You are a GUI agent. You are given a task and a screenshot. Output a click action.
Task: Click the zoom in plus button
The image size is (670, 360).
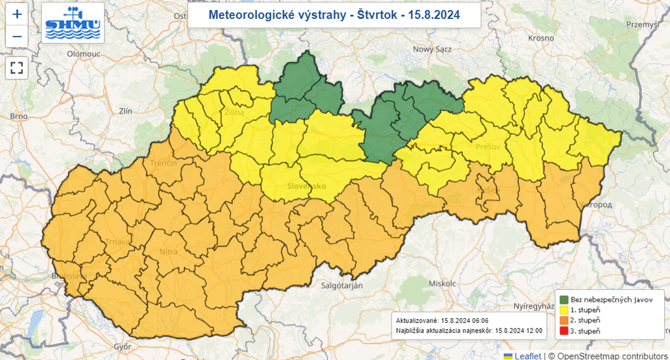pos(17,14)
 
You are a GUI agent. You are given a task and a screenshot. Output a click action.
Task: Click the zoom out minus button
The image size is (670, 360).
pos(17,37)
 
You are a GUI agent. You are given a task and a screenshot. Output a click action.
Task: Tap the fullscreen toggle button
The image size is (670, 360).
pos(17,67)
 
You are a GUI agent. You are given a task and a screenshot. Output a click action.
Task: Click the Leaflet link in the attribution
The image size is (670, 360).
pos(527,355)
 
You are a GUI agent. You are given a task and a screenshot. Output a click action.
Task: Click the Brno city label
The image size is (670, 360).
pos(18,117)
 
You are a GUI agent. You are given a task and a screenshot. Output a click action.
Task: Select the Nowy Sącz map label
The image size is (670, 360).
pos(432,49)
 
